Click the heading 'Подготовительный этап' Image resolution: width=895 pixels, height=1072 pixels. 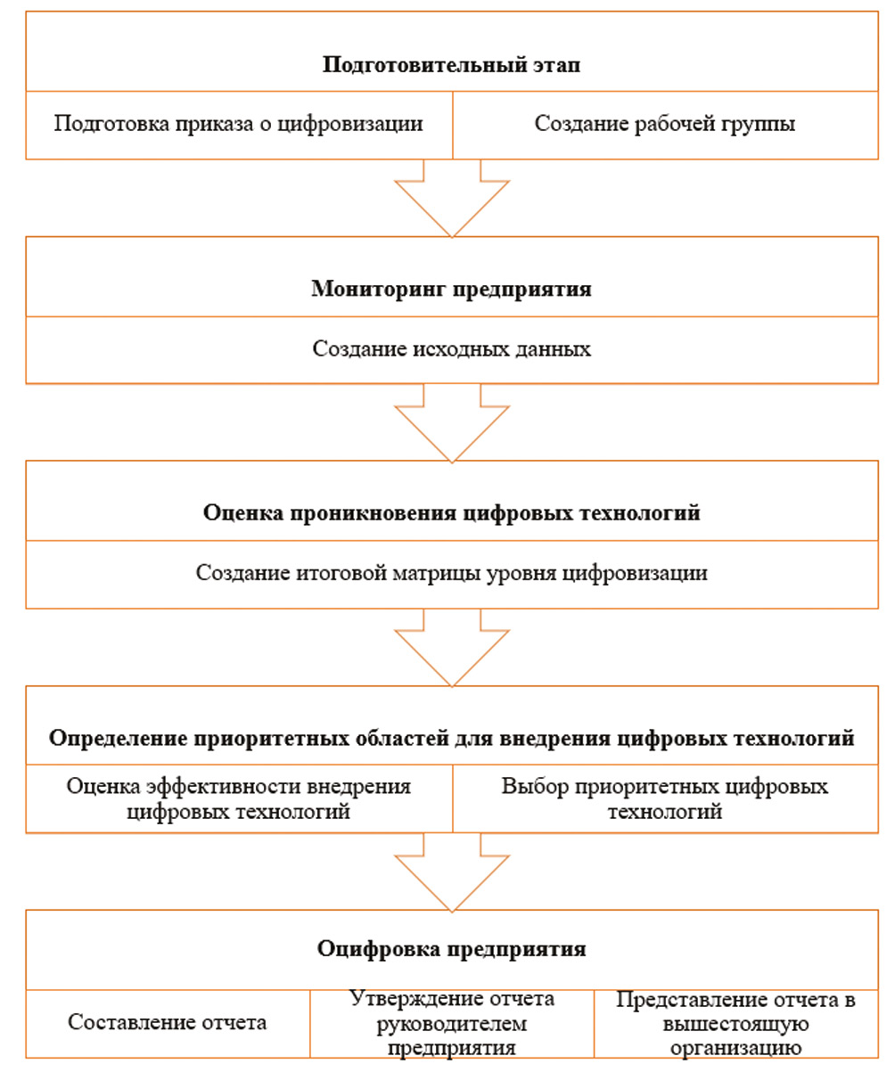coord(451,65)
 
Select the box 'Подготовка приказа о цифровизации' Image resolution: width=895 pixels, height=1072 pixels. coord(238,124)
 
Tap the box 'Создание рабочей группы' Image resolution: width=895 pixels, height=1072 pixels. coord(664,124)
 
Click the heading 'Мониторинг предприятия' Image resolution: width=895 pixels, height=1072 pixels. coord(451,290)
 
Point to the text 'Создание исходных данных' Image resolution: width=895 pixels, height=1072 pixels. coord(451,348)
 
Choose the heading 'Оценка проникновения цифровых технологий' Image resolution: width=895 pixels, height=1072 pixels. coord(451,513)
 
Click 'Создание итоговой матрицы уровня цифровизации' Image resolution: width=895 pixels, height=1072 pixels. coord(451,573)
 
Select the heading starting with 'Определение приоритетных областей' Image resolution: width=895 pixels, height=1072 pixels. coord(451,739)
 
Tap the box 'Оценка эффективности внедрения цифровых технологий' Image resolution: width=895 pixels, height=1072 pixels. coord(238,798)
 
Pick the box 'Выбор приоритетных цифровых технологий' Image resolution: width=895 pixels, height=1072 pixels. coord(664,798)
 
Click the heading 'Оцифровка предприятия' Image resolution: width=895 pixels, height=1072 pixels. coord(451,948)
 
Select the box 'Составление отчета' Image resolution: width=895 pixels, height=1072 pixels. coord(168,1022)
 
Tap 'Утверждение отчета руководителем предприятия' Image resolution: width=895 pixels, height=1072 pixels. coord(451,1022)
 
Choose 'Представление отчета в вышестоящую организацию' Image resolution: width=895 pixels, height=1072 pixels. coord(735,1023)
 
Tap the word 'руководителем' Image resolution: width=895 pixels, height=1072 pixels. coord(451,1023)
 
